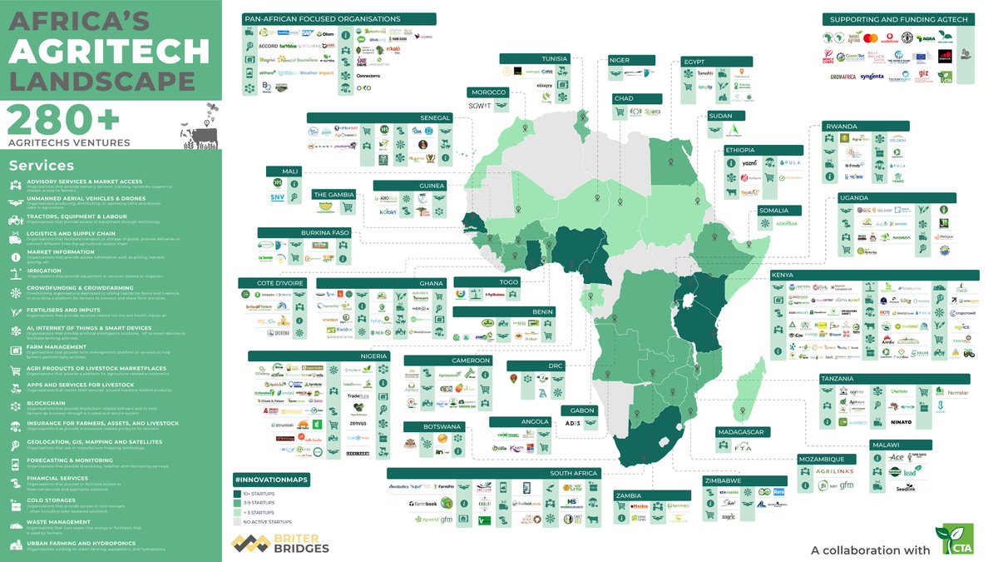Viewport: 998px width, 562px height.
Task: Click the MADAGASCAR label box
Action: point(744,432)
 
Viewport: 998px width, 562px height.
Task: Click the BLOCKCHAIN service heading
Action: point(46,404)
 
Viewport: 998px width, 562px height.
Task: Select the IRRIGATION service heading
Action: point(44,271)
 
